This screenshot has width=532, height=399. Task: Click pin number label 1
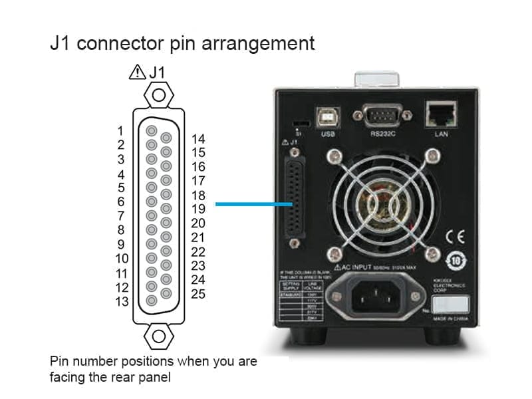[121, 130]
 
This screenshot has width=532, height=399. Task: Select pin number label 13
[121, 302]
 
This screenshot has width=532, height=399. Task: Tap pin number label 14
[198, 139]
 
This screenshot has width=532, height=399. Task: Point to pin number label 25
[198, 294]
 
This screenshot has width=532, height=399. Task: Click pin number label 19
[198, 209]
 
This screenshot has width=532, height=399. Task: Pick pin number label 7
[121, 216]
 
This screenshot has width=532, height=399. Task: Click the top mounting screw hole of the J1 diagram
[158, 95]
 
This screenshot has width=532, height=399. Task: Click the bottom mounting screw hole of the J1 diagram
[158, 335]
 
